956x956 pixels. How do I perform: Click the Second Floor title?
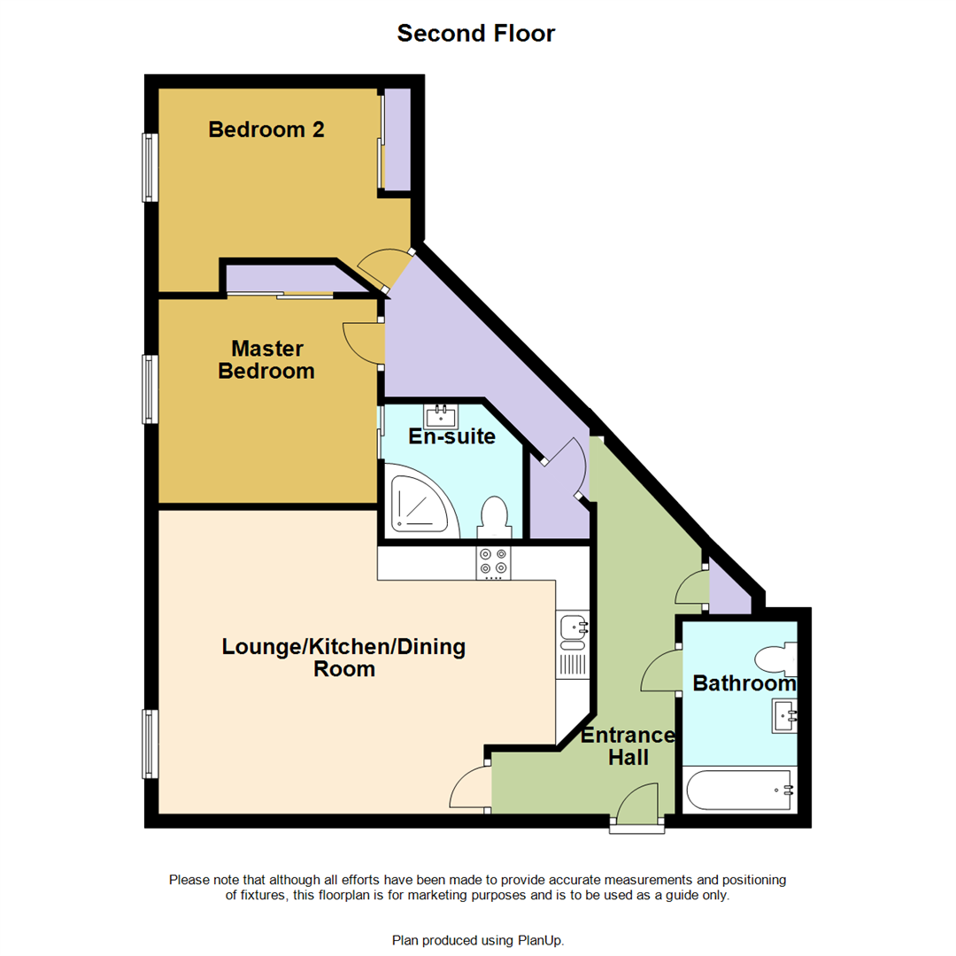(476, 34)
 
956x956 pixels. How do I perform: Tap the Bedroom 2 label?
(266, 130)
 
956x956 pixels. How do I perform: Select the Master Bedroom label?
(266, 359)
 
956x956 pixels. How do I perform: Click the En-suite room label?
(451, 436)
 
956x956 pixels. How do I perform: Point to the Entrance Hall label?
(628, 746)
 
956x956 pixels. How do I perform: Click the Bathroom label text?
(744, 683)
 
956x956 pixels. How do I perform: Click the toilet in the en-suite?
(493, 516)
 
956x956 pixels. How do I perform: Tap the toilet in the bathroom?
(776, 659)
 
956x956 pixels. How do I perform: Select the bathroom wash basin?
(784, 713)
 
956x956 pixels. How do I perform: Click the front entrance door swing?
(637, 804)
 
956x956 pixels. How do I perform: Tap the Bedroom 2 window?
(151, 167)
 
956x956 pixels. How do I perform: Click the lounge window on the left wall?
(151, 744)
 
